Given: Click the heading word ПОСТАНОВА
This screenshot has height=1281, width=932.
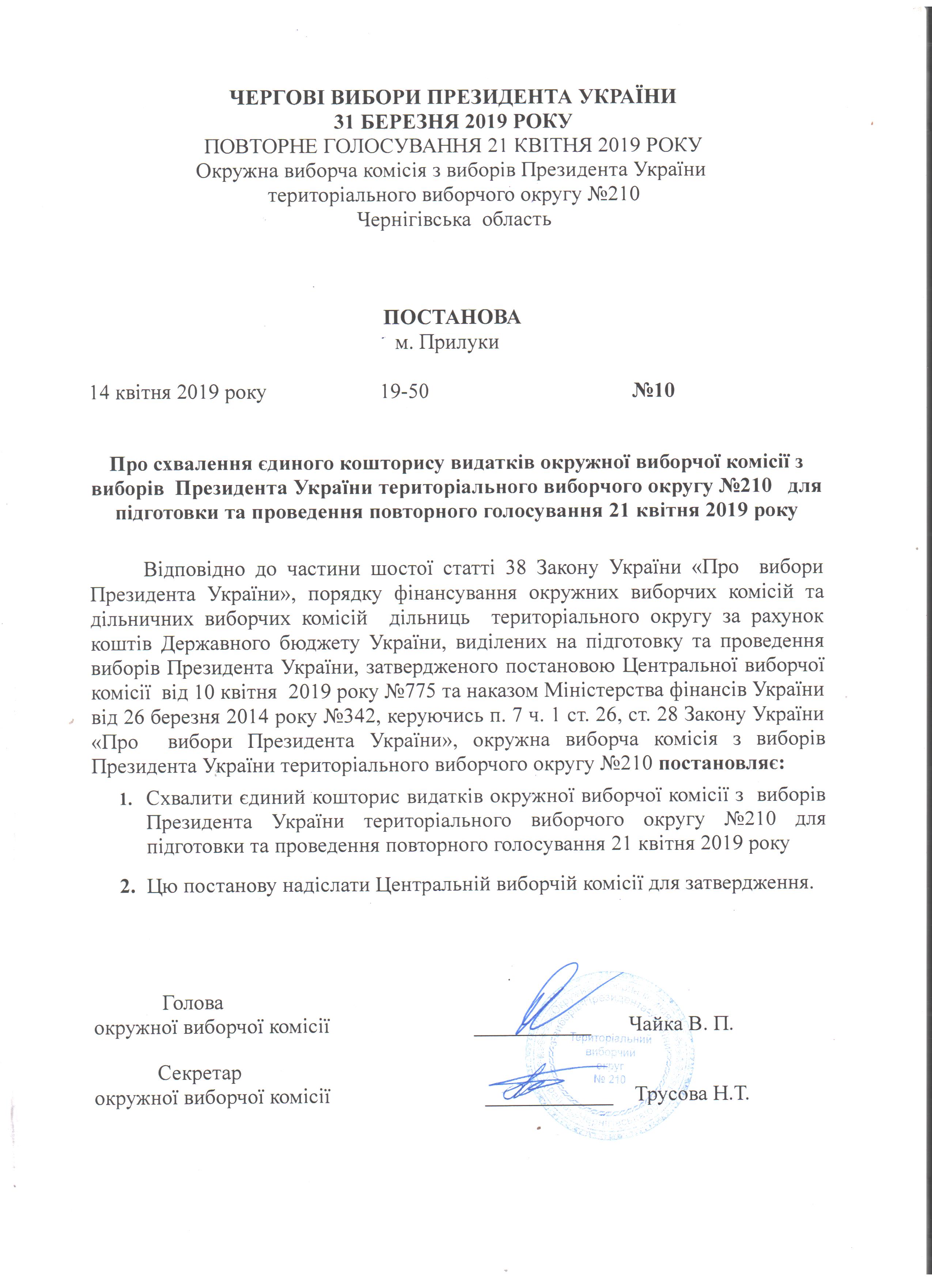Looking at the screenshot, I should click(452, 317).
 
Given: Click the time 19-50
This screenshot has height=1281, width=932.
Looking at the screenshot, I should click(405, 391).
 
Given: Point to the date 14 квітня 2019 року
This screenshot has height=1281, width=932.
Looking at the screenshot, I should click(178, 391).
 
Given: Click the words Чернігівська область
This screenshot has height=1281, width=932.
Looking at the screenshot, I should click(455, 219).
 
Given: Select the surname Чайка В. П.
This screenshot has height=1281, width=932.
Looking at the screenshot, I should click(681, 1024).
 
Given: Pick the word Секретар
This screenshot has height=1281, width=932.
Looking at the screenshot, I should click(200, 1073).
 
